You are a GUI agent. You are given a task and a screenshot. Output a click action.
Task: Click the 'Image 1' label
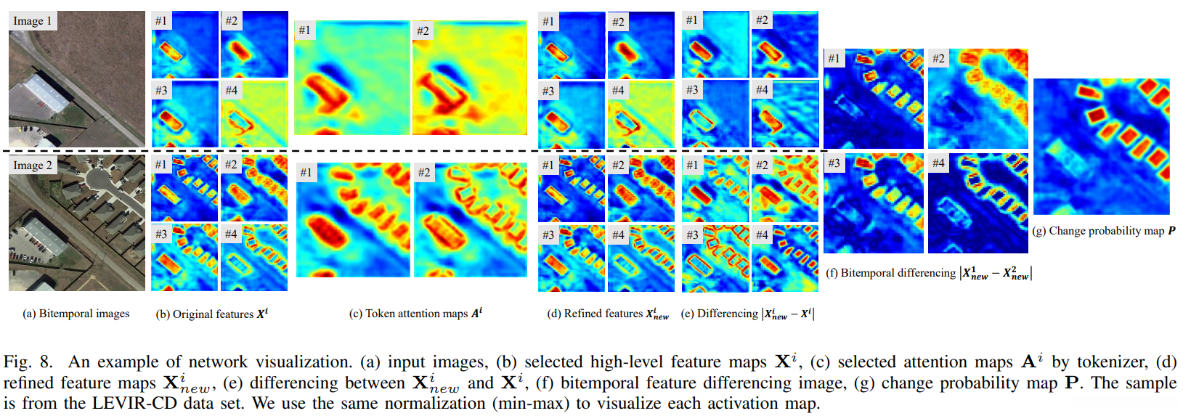[x=32, y=21]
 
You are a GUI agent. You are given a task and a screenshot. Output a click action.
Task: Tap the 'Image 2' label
[x=32, y=166]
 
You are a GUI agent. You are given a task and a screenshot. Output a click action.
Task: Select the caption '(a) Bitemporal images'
[x=76, y=314]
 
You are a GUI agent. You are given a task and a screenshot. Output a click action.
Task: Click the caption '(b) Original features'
[x=211, y=314]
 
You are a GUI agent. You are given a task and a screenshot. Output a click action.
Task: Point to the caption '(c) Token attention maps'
[x=415, y=314]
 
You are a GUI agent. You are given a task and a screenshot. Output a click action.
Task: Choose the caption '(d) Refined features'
[x=607, y=314]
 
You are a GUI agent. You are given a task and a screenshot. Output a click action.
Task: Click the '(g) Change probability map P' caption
[x=1103, y=231]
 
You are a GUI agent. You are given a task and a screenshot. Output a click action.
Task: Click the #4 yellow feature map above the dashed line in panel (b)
[x=254, y=114]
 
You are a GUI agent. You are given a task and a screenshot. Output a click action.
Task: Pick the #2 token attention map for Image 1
[x=470, y=78]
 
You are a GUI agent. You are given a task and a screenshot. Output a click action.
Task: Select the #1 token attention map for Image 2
[x=353, y=220]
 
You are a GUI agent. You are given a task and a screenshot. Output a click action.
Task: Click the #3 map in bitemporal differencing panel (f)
[x=874, y=203]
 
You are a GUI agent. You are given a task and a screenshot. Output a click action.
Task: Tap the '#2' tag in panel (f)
[x=938, y=58]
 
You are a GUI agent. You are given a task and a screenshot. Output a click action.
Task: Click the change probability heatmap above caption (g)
[x=1101, y=146]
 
